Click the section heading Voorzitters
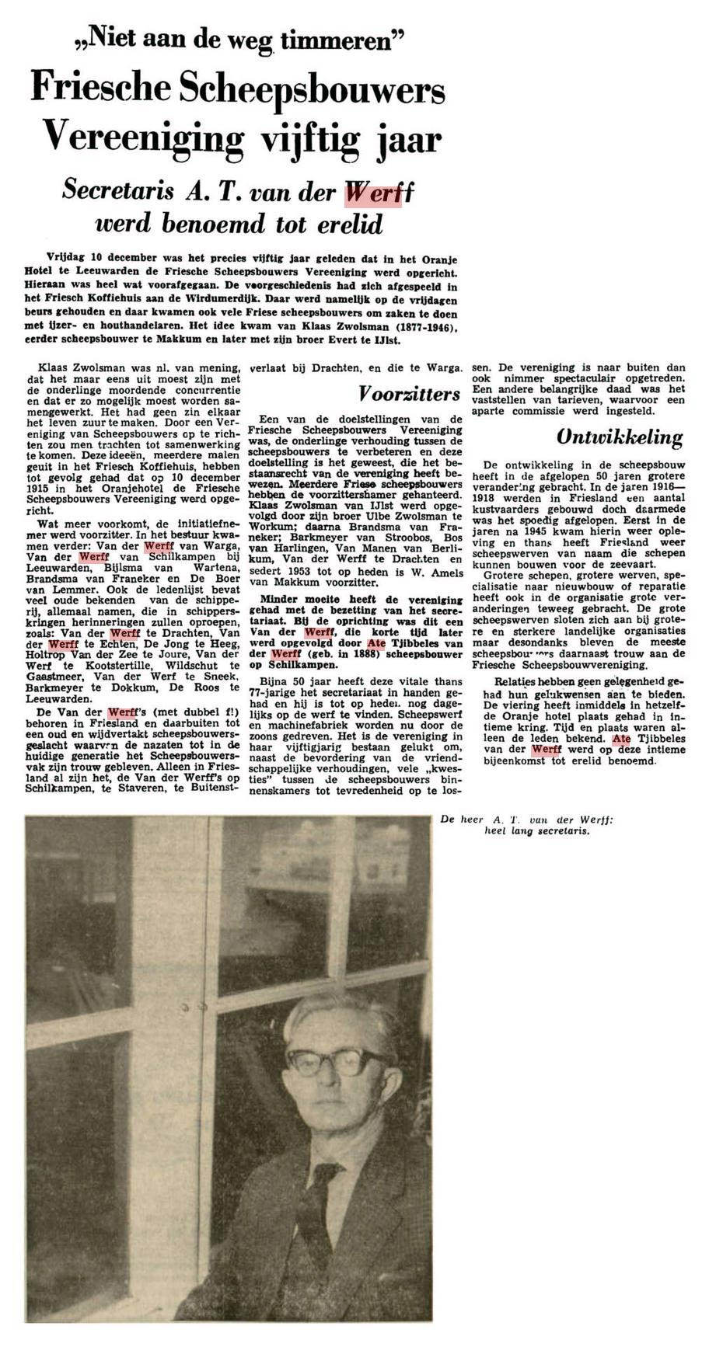point(409,393)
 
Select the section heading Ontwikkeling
point(620,437)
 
